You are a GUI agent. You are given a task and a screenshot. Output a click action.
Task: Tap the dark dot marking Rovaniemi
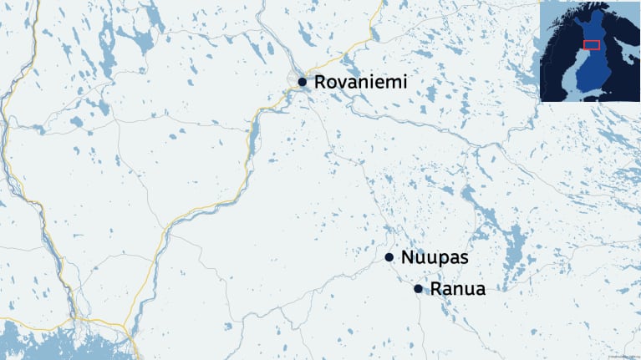[302, 82]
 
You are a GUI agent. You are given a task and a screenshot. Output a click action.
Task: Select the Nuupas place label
[435, 257]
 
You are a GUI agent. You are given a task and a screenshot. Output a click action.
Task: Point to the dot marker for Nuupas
[389, 257]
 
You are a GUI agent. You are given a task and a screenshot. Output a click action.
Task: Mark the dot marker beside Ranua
[418, 289]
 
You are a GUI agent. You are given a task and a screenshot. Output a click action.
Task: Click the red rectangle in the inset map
[591, 44]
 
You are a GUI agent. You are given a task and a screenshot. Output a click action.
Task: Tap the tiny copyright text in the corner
[623, 356]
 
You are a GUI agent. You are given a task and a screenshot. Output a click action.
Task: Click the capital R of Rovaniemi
[321, 82]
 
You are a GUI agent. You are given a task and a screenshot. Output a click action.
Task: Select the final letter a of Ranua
[480, 290]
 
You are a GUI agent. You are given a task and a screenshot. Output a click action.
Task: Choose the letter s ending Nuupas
[463, 258]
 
